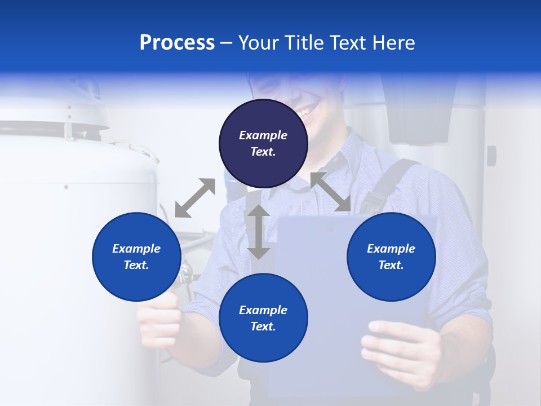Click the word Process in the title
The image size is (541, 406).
[x=177, y=43]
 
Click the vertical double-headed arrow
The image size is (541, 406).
[x=259, y=232]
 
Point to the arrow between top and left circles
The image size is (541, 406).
[x=195, y=198]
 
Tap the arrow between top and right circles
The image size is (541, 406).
[x=330, y=192]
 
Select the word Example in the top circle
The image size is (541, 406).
[x=263, y=135]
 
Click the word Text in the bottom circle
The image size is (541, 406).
[x=263, y=326]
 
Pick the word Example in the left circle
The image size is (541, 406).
[x=136, y=249]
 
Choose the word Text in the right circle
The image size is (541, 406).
[x=391, y=265]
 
